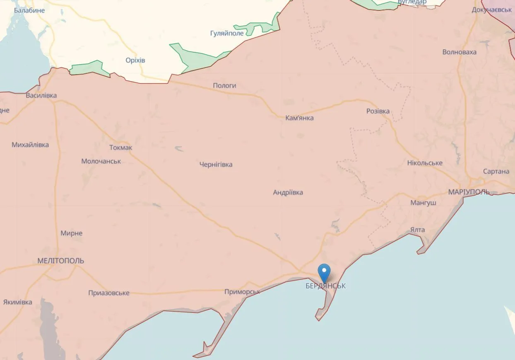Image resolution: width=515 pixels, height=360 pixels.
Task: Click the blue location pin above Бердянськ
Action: click(x=324, y=272)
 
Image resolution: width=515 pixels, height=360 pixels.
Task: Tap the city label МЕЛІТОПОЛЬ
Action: click(x=60, y=261)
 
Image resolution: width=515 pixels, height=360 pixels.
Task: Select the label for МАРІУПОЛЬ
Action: click(x=469, y=192)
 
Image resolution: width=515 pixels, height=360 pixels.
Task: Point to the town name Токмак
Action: click(x=121, y=147)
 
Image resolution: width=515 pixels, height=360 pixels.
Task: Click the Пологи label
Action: click(x=224, y=85)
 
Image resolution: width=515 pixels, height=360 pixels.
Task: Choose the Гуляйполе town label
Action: click(x=227, y=33)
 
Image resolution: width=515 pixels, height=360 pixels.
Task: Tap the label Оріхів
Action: click(x=135, y=60)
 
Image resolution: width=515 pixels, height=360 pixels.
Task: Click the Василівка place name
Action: click(x=41, y=96)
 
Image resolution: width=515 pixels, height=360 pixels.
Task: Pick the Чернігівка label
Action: click(x=216, y=164)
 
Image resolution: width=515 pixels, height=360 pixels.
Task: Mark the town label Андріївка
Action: click(x=288, y=192)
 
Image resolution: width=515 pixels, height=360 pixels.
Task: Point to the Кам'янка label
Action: click(x=299, y=118)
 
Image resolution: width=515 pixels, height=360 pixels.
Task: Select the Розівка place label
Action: click(x=378, y=111)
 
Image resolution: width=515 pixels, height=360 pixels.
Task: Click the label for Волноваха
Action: click(x=459, y=52)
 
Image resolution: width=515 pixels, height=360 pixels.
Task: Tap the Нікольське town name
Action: click(x=425, y=163)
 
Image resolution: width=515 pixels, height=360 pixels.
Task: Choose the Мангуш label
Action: click(x=423, y=203)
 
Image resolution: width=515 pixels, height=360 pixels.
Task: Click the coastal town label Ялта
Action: click(x=417, y=230)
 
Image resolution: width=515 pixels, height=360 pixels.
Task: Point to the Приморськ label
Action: click(x=242, y=292)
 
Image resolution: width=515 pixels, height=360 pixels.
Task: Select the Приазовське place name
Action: click(x=109, y=293)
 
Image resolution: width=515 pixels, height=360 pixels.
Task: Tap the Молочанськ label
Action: click(x=101, y=161)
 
